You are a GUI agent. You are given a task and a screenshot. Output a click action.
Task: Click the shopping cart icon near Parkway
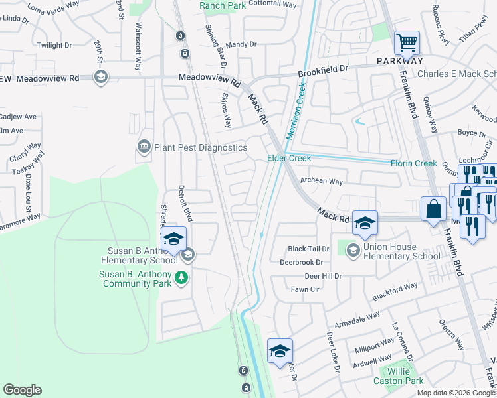point(407,43)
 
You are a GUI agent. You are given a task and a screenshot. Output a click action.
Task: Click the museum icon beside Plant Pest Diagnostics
point(144,147)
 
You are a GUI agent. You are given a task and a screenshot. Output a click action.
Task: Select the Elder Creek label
point(289,158)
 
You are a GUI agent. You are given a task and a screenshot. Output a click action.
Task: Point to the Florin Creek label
point(413,163)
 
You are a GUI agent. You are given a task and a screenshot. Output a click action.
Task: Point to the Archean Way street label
point(321,181)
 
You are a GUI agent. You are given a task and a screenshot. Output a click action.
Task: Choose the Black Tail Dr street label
point(308,249)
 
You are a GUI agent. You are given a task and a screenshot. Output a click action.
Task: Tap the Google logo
point(22,390)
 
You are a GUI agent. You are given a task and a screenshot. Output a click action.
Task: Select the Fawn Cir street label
point(305,289)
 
